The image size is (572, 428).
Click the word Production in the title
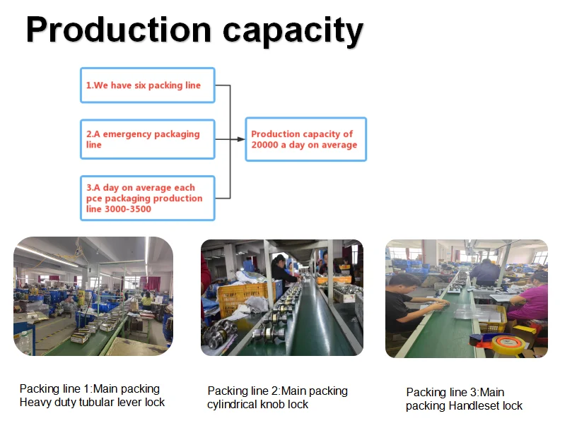tap(119, 31)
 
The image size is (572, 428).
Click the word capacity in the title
tap(293, 31)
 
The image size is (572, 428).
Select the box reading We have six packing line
tap(147, 85)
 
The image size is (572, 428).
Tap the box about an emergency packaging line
tap(147, 139)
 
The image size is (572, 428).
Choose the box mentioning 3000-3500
tap(147, 198)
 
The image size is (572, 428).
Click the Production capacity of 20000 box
tap(305, 139)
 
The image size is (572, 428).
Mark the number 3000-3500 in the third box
tap(129, 209)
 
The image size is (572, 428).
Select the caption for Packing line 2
tap(277, 398)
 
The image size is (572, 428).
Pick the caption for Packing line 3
tap(465, 399)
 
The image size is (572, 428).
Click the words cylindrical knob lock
tap(258, 405)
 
